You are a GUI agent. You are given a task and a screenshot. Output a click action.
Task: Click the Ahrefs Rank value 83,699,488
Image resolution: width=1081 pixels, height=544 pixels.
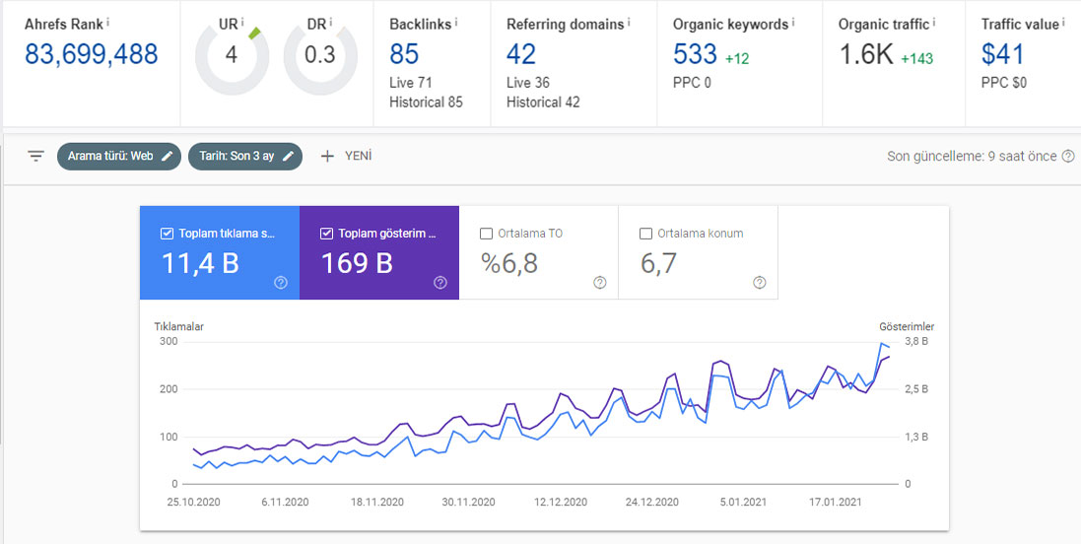pos(92,54)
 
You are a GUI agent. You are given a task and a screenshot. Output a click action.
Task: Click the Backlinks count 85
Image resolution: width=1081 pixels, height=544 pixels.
pos(404,54)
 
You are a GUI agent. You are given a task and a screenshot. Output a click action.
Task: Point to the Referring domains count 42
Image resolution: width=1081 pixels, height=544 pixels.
pos(521,54)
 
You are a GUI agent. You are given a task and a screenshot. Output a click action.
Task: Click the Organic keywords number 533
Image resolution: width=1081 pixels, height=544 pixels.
pos(695,54)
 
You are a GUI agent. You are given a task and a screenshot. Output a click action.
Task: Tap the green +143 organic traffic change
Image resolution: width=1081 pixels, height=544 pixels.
pos(916,59)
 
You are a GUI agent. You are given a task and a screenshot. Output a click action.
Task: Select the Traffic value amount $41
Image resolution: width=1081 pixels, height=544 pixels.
pos(1002,54)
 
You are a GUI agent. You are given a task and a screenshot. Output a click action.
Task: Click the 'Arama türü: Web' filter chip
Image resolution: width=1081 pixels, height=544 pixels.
pos(119,156)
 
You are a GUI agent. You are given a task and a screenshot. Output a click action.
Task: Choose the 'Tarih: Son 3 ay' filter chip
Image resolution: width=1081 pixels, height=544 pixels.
pos(245,156)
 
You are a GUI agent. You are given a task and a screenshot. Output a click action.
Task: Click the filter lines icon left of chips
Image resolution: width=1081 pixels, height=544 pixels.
pos(35,156)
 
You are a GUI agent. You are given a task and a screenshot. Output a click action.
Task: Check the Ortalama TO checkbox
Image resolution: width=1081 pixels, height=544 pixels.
pos(486,234)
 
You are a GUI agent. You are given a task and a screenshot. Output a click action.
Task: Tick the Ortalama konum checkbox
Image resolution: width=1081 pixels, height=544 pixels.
pos(646,234)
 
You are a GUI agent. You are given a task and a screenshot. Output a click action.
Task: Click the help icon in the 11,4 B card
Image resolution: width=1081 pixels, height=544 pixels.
pos(281,282)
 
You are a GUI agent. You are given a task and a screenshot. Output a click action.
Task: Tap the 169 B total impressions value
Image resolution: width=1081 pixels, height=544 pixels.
pos(357,263)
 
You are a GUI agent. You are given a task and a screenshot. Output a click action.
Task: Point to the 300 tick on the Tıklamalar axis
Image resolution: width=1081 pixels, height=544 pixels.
pos(169,342)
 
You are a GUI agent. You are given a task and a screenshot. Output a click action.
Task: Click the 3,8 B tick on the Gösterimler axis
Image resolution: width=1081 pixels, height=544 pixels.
pos(916,342)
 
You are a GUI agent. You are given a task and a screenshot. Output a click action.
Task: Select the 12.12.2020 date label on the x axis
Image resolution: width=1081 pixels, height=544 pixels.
pos(561,502)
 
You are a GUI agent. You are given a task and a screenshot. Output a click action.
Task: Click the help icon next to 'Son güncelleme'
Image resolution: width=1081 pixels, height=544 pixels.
pos(1068,156)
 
